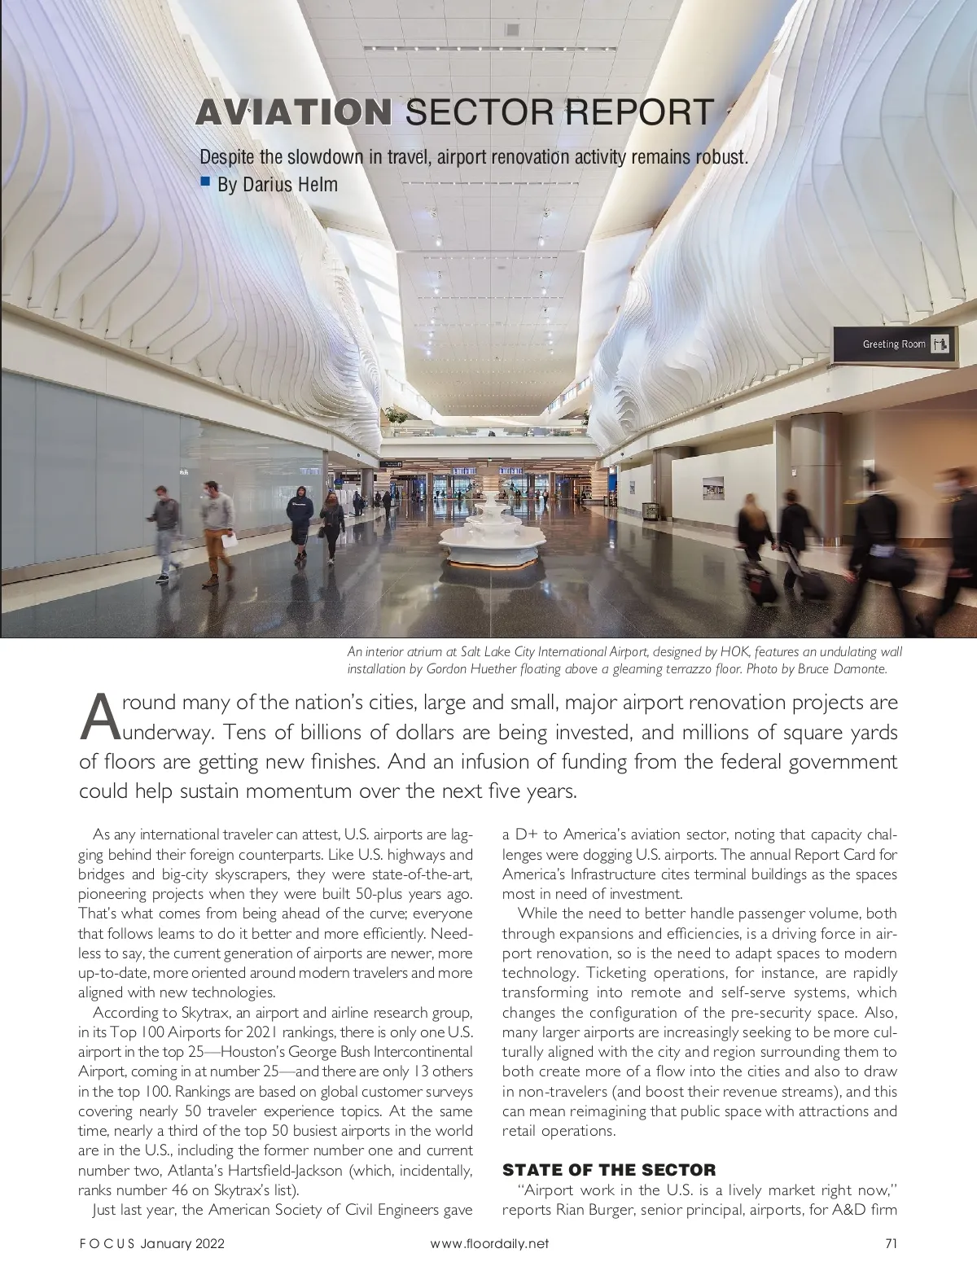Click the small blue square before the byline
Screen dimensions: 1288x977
tap(206, 181)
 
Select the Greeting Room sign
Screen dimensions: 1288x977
tap(895, 344)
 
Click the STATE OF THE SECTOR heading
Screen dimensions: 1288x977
tap(609, 1170)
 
